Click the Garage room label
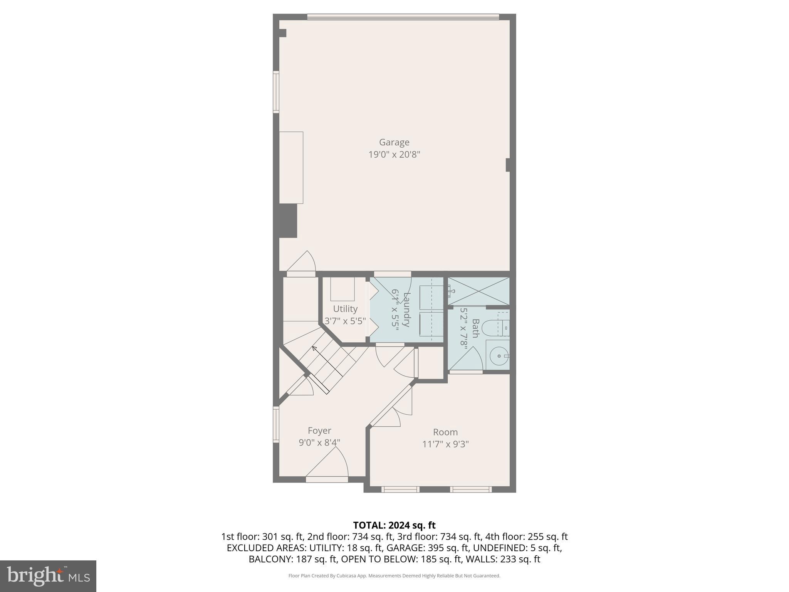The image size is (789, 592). [394, 142]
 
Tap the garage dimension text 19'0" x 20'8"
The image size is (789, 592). [394, 155]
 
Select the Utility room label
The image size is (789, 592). [345, 309]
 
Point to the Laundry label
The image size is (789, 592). [406, 310]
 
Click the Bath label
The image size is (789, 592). [475, 328]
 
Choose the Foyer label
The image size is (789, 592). [319, 431]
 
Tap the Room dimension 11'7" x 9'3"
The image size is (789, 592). [445, 444]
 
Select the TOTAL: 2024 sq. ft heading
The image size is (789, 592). [394, 525]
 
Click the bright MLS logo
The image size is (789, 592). [48, 576]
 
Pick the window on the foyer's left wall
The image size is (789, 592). [276, 424]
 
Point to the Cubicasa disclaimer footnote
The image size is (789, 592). [394, 576]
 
